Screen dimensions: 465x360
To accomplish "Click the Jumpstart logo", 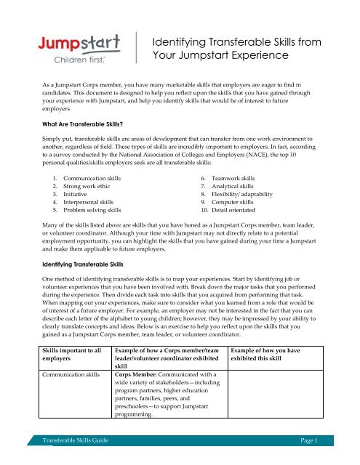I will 68,46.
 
